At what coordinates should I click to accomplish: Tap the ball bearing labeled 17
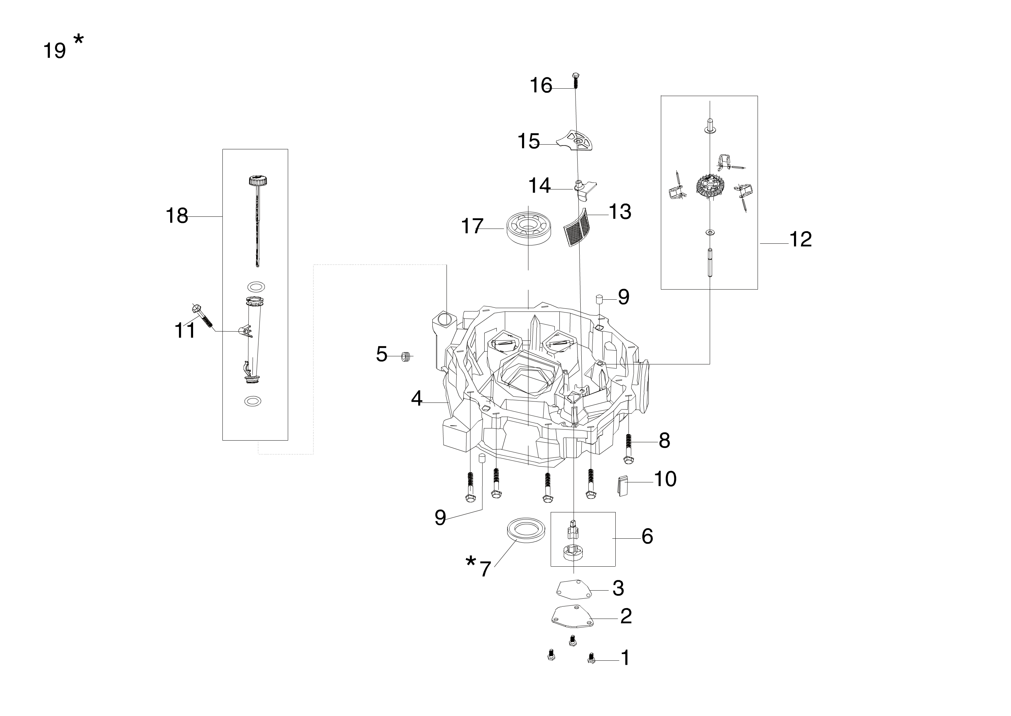pyautogui.click(x=527, y=228)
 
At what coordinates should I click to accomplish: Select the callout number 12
pyautogui.click(x=800, y=239)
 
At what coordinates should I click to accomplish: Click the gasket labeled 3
pyautogui.click(x=573, y=590)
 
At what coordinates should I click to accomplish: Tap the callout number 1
pyautogui.click(x=625, y=658)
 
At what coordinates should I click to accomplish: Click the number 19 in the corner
pyautogui.click(x=54, y=51)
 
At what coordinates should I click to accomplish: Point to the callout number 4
pyautogui.click(x=417, y=398)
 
